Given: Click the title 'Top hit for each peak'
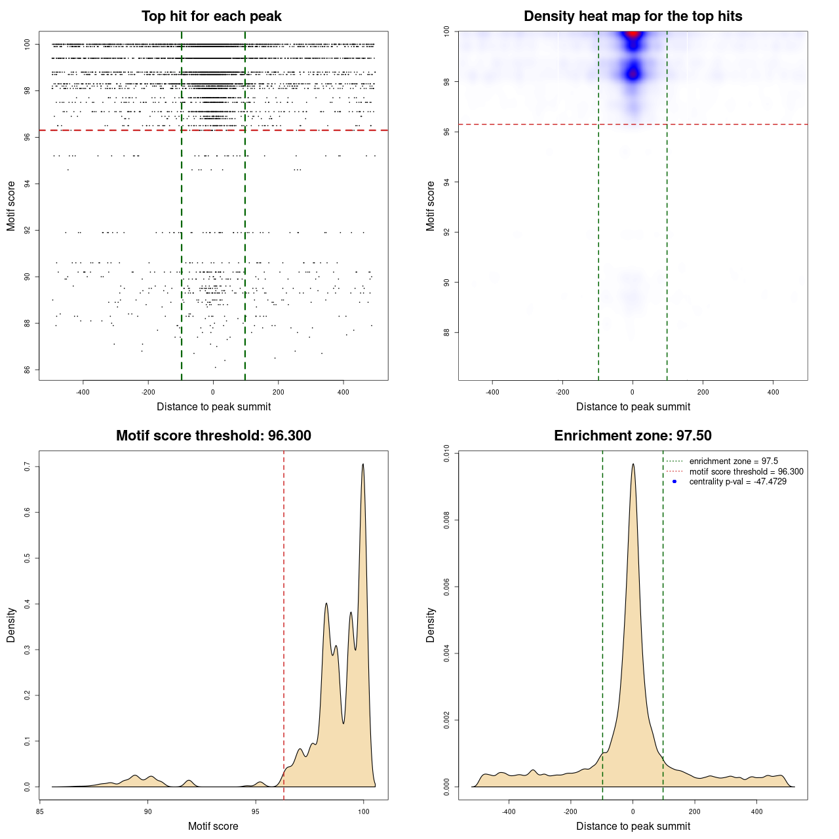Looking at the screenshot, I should (211, 16).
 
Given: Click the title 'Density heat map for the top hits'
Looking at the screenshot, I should (633, 16).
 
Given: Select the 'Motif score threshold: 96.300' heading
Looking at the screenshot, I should (213, 436).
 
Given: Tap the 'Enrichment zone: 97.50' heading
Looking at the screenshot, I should (633, 436).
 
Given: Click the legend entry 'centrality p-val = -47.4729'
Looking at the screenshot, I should (737, 482).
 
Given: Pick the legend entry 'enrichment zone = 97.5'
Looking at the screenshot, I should (733, 461).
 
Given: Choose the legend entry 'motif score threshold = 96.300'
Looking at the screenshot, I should (746, 472).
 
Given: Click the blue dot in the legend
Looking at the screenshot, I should (674, 482).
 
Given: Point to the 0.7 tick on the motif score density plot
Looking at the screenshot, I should (28, 467).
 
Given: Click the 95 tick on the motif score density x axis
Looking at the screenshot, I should (256, 811).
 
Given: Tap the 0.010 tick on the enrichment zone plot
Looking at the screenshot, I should (447, 454).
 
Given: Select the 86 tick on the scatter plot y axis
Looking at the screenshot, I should (28, 370).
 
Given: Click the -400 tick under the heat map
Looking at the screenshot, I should (492, 392).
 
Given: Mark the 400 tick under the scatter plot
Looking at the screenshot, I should (343, 392).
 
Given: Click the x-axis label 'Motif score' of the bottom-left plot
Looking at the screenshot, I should (213, 826).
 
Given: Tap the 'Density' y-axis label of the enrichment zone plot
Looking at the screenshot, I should (431, 625).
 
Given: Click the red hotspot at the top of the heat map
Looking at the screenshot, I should (633, 34).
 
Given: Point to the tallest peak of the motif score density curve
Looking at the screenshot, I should (362, 465).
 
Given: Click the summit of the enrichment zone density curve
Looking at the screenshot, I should (633, 465).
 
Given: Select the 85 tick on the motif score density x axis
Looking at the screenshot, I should (40, 811).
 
